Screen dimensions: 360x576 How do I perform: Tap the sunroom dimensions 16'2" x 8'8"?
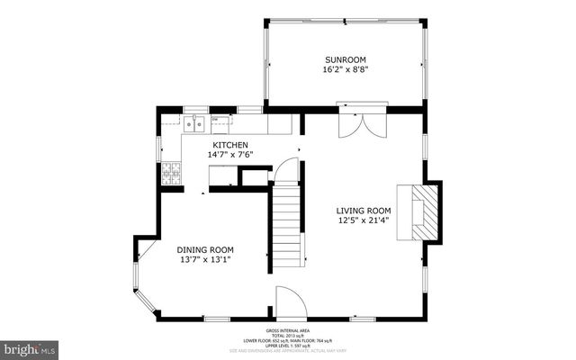coord(346,68)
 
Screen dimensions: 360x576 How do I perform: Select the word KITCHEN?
coord(230,144)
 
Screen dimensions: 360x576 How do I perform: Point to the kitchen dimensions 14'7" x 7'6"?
coord(230,155)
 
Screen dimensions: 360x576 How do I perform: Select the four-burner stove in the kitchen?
coord(171,174)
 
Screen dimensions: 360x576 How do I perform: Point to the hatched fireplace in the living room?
coord(427,212)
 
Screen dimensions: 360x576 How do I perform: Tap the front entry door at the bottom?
coord(291,303)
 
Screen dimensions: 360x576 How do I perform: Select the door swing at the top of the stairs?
coord(286,169)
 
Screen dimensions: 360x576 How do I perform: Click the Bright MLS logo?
coord(30,347)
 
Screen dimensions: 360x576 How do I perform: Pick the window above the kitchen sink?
coord(196,109)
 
